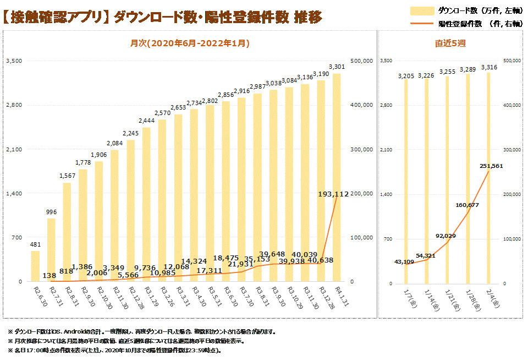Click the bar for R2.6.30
tap(35, 266)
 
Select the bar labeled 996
tap(51, 250)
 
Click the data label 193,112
tap(334, 194)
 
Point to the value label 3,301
tap(337, 67)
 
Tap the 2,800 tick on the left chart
tap(13, 105)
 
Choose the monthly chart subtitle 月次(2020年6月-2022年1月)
tap(190, 43)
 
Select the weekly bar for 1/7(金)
tap(406, 182)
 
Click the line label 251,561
tap(491, 166)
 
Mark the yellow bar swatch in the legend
tap(422, 10)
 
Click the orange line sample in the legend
tap(422, 23)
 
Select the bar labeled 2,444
tap(146, 204)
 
